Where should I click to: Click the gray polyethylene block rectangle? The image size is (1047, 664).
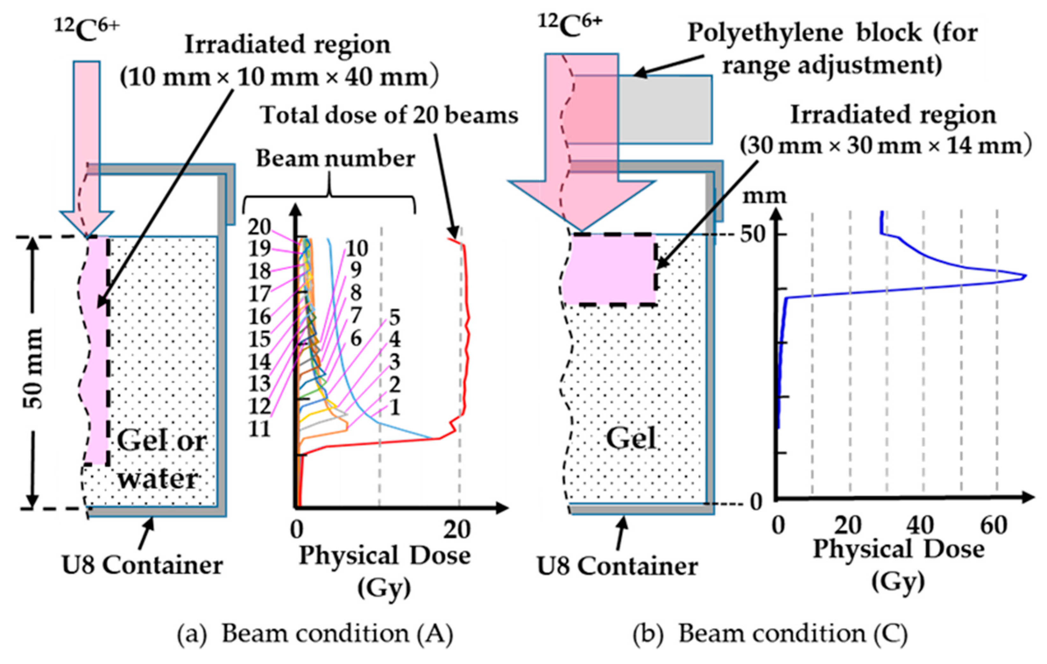pyautogui.click(x=665, y=109)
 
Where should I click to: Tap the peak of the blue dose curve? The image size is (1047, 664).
pyautogui.click(x=1025, y=276)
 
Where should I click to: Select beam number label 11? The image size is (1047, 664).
pyautogui.click(x=259, y=430)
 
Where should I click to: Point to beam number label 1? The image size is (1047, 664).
pyautogui.click(x=394, y=408)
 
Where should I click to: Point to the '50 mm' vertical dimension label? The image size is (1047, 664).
pyautogui.click(x=33, y=369)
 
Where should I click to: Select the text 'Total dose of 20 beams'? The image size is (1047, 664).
pyautogui.click(x=389, y=116)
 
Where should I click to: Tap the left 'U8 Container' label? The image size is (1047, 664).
pyautogui.click(x=142, y=565)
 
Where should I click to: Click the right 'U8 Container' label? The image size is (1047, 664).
pyautogui.click(x=617, y=566)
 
